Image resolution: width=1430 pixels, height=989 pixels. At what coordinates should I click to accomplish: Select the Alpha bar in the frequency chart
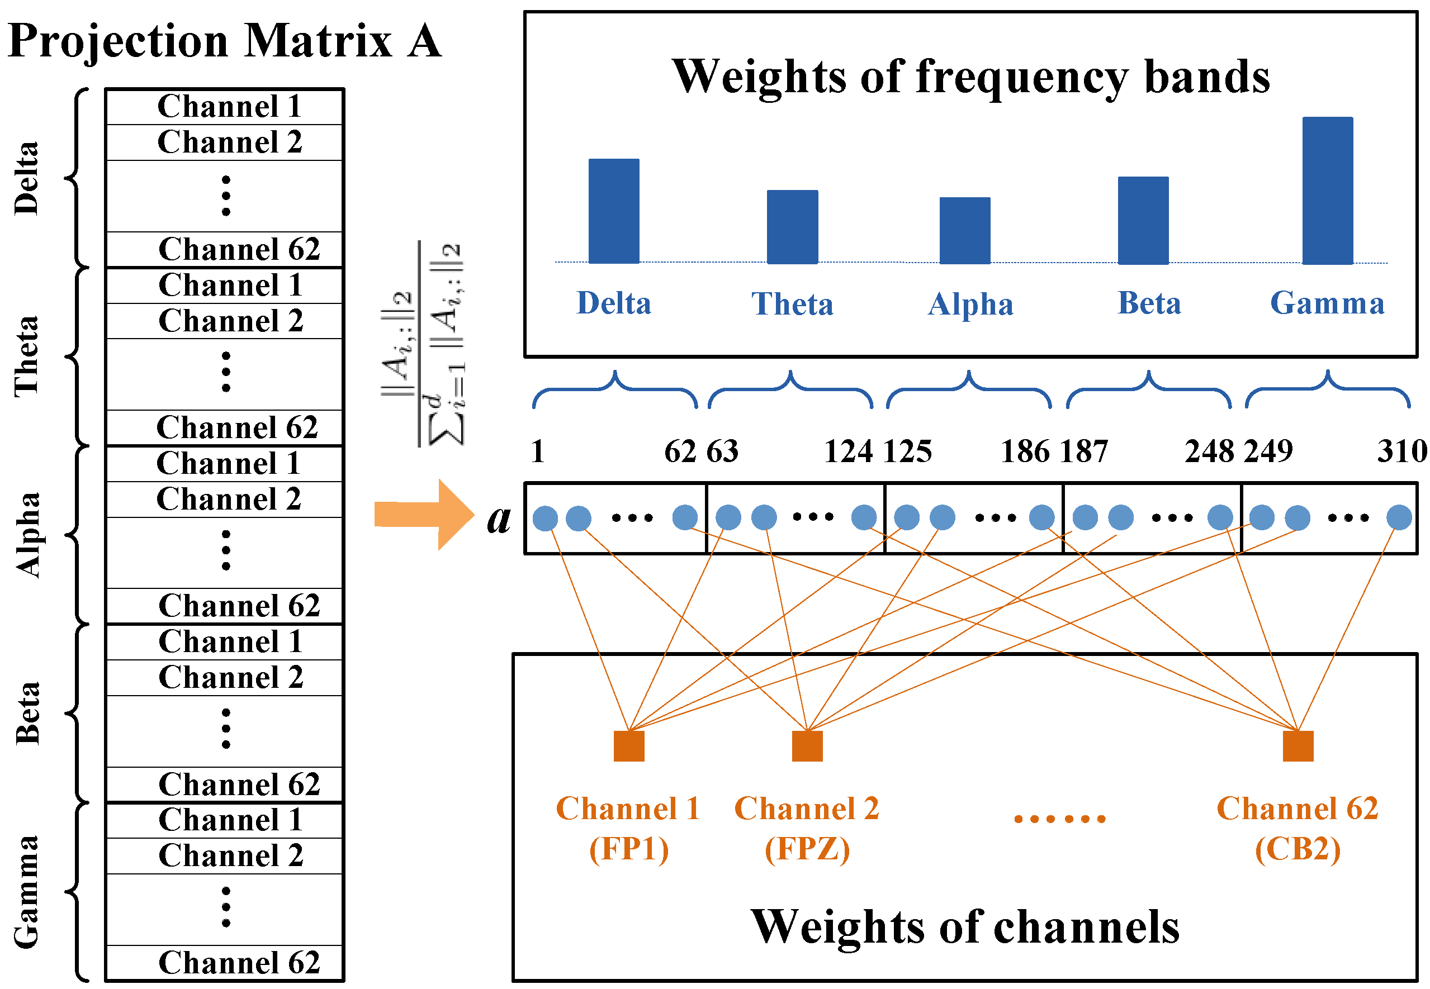coord(964,231)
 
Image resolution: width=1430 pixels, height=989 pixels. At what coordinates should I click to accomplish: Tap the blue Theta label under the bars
coord(792,303)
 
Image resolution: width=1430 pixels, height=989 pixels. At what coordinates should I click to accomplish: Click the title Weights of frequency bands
coord(970,77)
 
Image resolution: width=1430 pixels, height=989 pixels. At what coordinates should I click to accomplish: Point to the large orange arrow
coord(424,514)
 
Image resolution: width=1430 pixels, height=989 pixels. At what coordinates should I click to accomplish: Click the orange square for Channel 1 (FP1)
coord(628,745)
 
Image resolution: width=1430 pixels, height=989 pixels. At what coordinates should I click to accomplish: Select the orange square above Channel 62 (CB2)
coord(1298,745)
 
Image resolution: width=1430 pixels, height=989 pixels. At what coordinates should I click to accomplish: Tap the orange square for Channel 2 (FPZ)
coord(807,745)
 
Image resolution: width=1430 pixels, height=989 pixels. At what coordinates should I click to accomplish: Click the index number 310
coord(1401,451)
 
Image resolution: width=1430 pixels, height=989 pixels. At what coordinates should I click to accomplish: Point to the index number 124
coord(848,451)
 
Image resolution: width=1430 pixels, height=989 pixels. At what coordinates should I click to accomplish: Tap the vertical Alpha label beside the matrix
coord(27,535)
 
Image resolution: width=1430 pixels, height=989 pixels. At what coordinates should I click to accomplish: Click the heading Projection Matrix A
coord(224,41)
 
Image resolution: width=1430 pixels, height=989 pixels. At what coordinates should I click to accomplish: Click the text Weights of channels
coord(964,927)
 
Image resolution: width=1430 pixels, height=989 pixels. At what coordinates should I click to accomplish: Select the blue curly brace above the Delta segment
coord(615,389)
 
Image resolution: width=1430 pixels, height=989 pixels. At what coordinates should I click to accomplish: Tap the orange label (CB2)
coord(1298,849)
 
